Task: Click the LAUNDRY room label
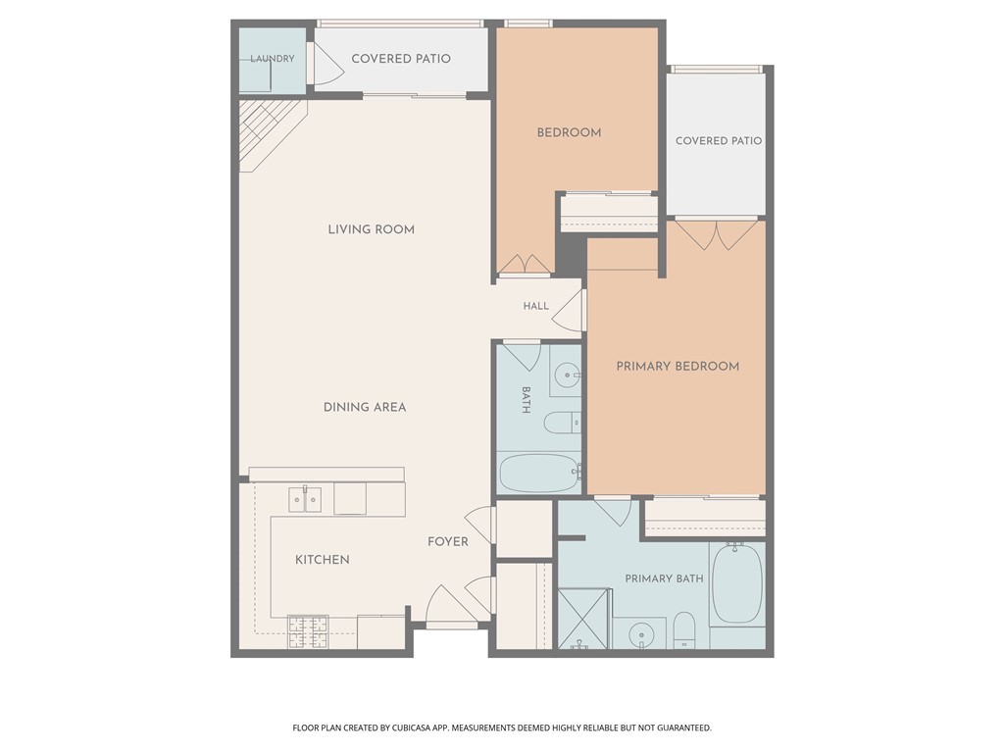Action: tap(273, 58)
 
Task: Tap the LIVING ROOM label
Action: tap(372, 229)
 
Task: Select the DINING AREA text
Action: tap(365, 407)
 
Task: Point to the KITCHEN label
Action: tap(322, 560)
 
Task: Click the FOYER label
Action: tap(448, 541)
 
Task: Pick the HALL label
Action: tap(536, 306)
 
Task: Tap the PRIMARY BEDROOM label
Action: tap(678, 367)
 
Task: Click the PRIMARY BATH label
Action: tap(664, 578)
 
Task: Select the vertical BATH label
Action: tap(526, 400)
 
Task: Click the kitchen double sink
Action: tap(306, 499)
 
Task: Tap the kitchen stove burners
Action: tap(308, 632)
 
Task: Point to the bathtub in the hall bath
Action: tap(539, 474)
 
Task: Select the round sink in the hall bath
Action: tap(567, 375)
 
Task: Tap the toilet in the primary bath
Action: tap(684, 630)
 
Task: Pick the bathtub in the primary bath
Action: tap(737, 583)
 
